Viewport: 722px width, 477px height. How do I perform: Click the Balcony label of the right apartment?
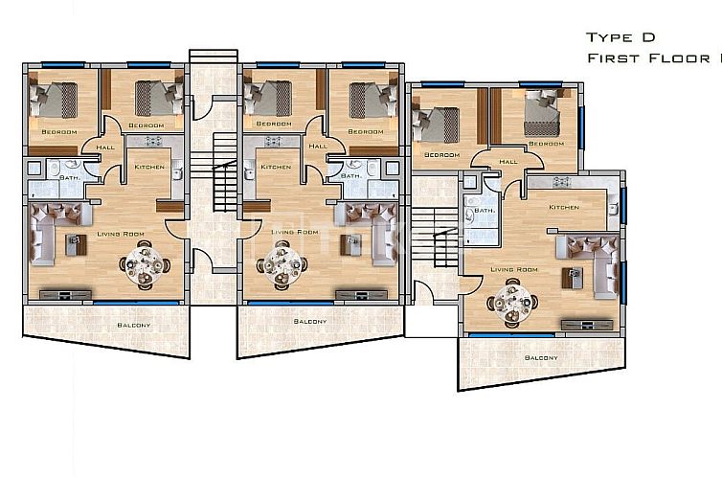(541, 357)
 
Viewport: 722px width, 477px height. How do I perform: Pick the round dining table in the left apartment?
(146, 264)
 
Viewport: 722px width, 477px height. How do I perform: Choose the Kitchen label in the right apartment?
(563, 208)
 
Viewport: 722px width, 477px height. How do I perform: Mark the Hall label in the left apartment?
(103, 147)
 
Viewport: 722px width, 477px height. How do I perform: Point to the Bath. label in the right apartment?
(485, 210)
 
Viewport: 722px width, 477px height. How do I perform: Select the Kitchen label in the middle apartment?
(276, 167)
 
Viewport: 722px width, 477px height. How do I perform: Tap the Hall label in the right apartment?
(508, 161)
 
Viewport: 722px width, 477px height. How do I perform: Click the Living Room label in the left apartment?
(120, 233)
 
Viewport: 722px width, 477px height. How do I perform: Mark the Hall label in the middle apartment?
(318, 147)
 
